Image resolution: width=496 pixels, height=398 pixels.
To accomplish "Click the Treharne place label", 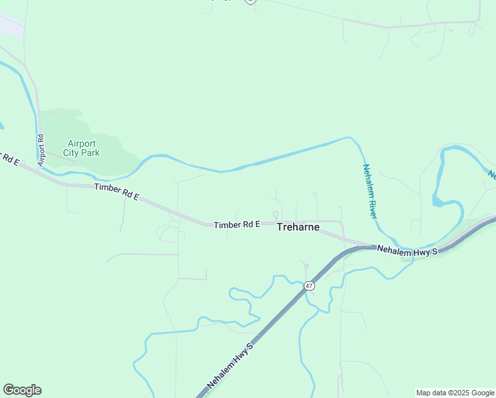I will click(298, 228).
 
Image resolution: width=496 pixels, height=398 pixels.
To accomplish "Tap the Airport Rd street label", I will click(40, 150).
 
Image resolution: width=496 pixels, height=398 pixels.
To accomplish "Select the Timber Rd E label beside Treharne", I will click(237, 226).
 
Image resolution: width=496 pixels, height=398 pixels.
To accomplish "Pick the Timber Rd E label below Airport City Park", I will click(117, 192).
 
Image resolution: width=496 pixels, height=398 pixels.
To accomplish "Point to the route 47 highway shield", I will click(309, 286).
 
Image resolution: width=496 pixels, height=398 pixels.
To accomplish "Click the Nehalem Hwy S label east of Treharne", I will click(408, 250).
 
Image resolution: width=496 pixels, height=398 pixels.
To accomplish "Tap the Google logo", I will click(22, 390).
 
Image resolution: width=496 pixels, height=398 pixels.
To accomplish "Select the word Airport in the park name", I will click(82, 143).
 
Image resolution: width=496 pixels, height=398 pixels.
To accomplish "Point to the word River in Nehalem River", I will click(372, 206).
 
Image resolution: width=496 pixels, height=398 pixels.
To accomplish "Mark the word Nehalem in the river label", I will click(366, 178).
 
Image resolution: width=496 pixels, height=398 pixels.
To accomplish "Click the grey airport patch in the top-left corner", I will click(9, 25).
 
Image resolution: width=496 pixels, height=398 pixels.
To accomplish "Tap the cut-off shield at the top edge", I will click(250, 1).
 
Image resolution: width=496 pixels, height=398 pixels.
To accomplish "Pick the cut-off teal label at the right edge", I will click(492, 174).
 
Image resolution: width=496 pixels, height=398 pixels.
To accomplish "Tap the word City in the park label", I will click(71, 153).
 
